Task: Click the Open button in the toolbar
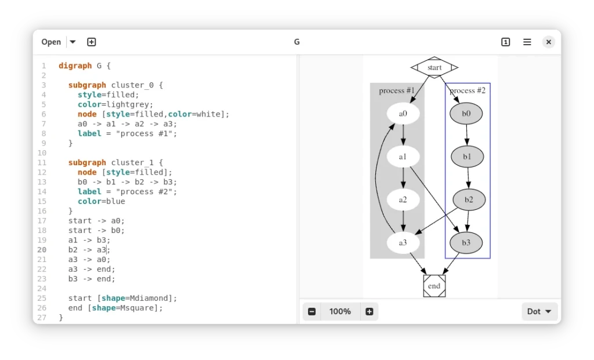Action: click(51, 42)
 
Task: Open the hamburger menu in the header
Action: click(527, 42)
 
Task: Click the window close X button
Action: click(548, 42)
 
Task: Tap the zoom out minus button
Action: click(312, 311)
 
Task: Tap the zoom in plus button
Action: click(369, 311)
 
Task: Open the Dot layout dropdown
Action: click(539, 311)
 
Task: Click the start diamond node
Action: click(434, 67)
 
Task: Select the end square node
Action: click(434, 286)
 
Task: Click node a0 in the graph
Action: click(403, 114)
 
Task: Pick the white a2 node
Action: click(403, 200)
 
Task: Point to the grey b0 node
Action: click(466, 114)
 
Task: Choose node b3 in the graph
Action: click(466, 243)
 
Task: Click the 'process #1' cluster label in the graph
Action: click(397, 90)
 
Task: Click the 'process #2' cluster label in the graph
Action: click(468, 90)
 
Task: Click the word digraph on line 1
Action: click(75, 66)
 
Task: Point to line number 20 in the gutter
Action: click(42, 250)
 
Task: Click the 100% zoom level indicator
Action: click(340, 311)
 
